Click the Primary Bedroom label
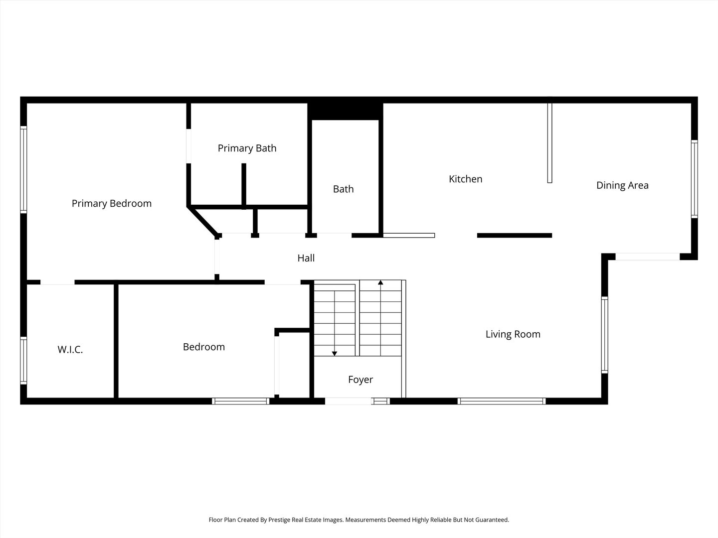111,203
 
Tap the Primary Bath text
247,148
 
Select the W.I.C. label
70,350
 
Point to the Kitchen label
465,179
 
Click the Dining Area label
622,185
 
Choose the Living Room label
513,334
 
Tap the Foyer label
360,380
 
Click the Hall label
306,258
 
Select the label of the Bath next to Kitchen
343,189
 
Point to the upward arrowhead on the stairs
380,283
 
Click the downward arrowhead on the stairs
334,353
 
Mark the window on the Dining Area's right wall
694,179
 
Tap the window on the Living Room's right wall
604,335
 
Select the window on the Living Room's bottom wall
501,401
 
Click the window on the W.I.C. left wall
23,361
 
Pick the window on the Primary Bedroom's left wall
23,169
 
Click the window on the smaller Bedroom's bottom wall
241,401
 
